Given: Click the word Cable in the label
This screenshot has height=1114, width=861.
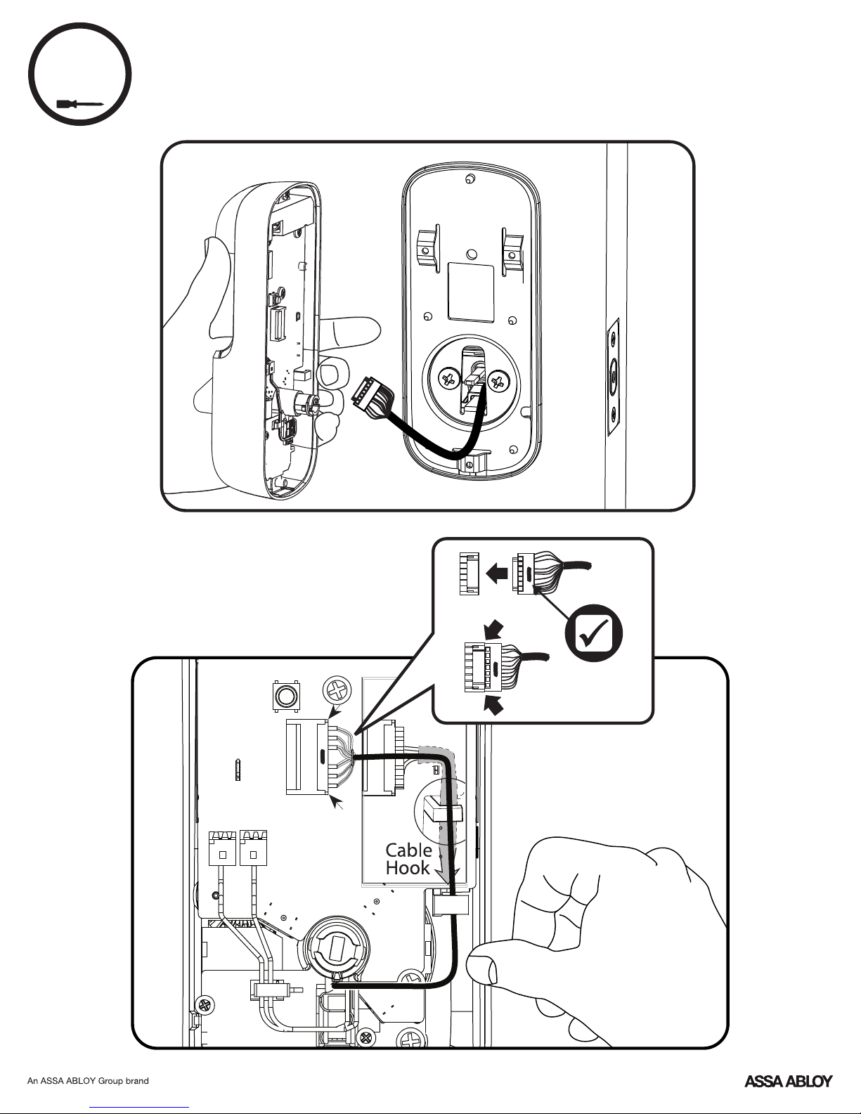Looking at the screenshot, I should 408,850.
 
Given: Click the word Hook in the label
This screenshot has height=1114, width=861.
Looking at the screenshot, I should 408,868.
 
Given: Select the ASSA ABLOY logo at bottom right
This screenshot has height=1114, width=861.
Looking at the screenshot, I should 788,1081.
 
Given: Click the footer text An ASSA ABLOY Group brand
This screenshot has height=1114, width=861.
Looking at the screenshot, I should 88,1081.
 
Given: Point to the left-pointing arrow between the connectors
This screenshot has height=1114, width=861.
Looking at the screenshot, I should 497,573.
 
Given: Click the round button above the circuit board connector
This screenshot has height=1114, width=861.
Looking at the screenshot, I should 285,696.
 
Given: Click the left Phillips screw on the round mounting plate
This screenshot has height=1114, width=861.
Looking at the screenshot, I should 448,381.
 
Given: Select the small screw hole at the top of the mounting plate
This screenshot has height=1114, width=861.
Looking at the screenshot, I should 468,179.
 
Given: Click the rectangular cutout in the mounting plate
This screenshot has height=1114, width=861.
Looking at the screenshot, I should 470,290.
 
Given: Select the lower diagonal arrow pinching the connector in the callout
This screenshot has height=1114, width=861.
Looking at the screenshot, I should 495,705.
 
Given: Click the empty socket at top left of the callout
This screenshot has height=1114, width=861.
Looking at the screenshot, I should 469,574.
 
